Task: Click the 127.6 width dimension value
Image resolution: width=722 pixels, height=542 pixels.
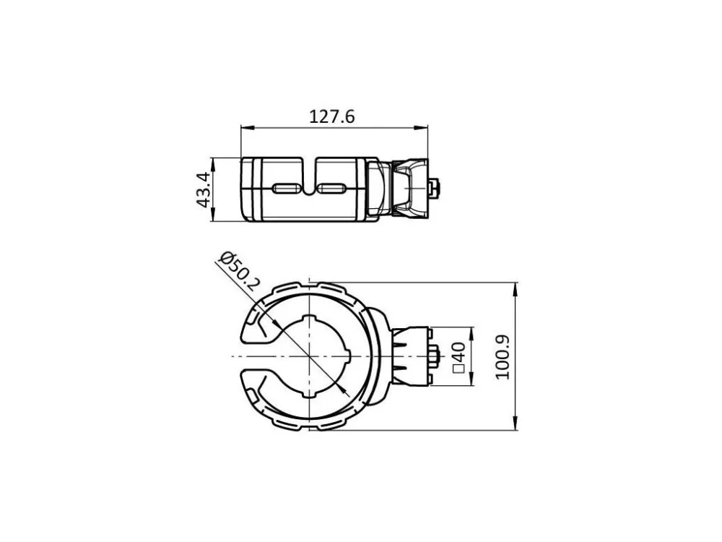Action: [x=331, y=116]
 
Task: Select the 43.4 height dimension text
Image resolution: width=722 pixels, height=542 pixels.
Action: [x=204, y=189]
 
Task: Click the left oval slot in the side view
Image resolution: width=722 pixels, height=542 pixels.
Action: [x=287, y=189]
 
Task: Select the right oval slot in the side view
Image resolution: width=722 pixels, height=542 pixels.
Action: [x=332, y=189]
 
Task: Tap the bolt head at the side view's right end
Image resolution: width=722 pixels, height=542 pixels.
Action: [x=433, y=189]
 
